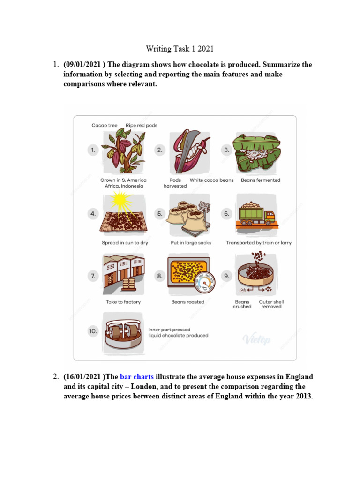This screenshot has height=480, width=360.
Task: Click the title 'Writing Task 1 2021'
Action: tap(180, 48)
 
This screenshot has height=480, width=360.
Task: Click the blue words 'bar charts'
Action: tap(137, 377)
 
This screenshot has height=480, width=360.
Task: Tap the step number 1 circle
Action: tap(93, 150)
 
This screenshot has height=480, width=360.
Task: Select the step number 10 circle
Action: tap(93, 331)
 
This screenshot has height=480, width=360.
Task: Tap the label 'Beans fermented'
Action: tap(260, 180)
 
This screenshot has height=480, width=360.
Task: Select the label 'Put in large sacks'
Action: tap(191, 243)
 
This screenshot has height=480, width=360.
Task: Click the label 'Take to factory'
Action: tap(123, 302)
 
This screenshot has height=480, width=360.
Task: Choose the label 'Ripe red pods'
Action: tap(142, 125)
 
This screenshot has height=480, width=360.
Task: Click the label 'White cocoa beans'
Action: tap(211, 180)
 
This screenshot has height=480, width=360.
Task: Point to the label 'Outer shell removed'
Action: tap(271, 304)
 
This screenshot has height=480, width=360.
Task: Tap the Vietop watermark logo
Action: tap(256, 340)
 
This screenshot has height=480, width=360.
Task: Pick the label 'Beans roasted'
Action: tap(188, 302)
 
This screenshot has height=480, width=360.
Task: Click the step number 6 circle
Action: tap(226, 213)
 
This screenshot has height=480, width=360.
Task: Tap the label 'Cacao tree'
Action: tap(105, 125)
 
